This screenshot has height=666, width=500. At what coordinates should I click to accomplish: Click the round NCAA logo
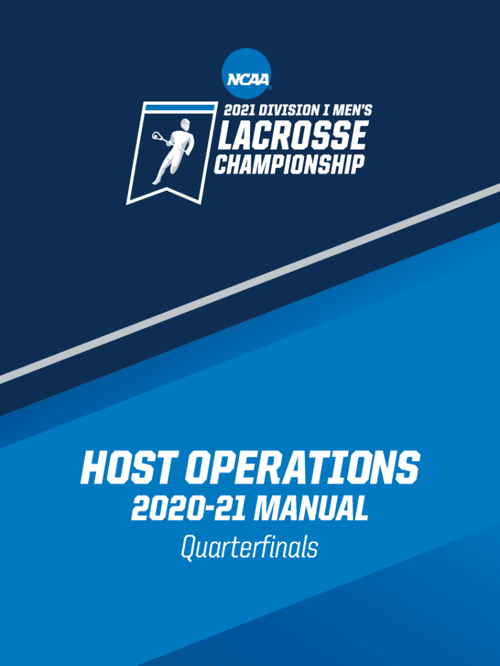click(246, 73)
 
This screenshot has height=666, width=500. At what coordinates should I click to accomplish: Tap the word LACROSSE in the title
click(292, 135)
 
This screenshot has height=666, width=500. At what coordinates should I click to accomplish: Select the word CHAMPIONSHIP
click(290, 164)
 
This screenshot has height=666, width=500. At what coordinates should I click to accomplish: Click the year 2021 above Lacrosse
click(240, 111)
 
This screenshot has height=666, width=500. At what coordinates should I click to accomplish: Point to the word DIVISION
click(288, 111)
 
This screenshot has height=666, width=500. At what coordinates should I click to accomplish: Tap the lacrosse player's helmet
click(185, 124)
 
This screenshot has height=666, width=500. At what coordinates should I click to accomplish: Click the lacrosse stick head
click(156, 137)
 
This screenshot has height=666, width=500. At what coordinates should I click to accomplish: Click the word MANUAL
click(311, 509)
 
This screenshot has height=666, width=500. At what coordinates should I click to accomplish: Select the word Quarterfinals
click(249, 547)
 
